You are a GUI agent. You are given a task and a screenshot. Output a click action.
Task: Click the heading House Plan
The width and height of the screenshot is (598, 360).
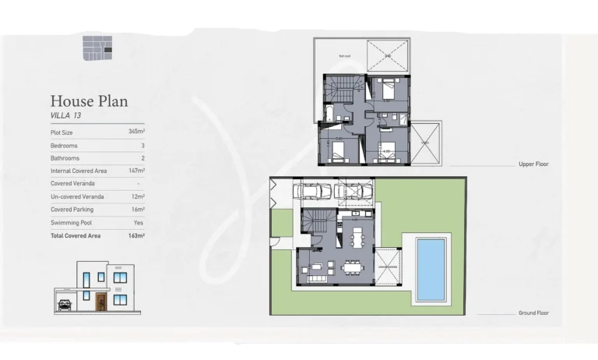pos(89,101)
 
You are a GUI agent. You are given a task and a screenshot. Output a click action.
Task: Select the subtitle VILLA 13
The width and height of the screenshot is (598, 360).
pos(65,115)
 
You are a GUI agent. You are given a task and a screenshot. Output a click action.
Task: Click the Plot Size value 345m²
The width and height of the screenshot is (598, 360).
pos(136,132)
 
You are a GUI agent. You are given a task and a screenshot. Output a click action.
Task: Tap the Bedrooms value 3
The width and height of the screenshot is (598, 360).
pos(142,146)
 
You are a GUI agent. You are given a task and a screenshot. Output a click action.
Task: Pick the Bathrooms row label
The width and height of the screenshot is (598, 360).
pos(65,158)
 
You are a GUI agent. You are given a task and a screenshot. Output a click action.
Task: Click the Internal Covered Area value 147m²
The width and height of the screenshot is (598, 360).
pos(136,171)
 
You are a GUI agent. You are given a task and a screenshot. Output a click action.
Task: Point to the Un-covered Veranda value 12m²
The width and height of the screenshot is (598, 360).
pos(138,196)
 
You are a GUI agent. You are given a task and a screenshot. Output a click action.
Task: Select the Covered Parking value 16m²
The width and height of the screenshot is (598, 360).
pos(138,210)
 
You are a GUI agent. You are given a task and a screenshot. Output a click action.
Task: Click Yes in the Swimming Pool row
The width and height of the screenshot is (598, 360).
pos(139,222)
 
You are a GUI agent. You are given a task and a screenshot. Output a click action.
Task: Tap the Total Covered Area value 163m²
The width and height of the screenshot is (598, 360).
pos(136,235)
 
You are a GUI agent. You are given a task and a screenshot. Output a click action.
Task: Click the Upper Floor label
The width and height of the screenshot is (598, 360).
pos(533,165)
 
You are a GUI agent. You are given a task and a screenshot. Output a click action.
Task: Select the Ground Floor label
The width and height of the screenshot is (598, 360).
pos(533,313)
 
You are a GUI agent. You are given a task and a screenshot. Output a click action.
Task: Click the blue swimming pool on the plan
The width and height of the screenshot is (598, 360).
pos(431,270)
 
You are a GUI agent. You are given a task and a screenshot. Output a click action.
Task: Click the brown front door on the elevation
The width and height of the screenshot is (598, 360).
pos(100,302)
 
